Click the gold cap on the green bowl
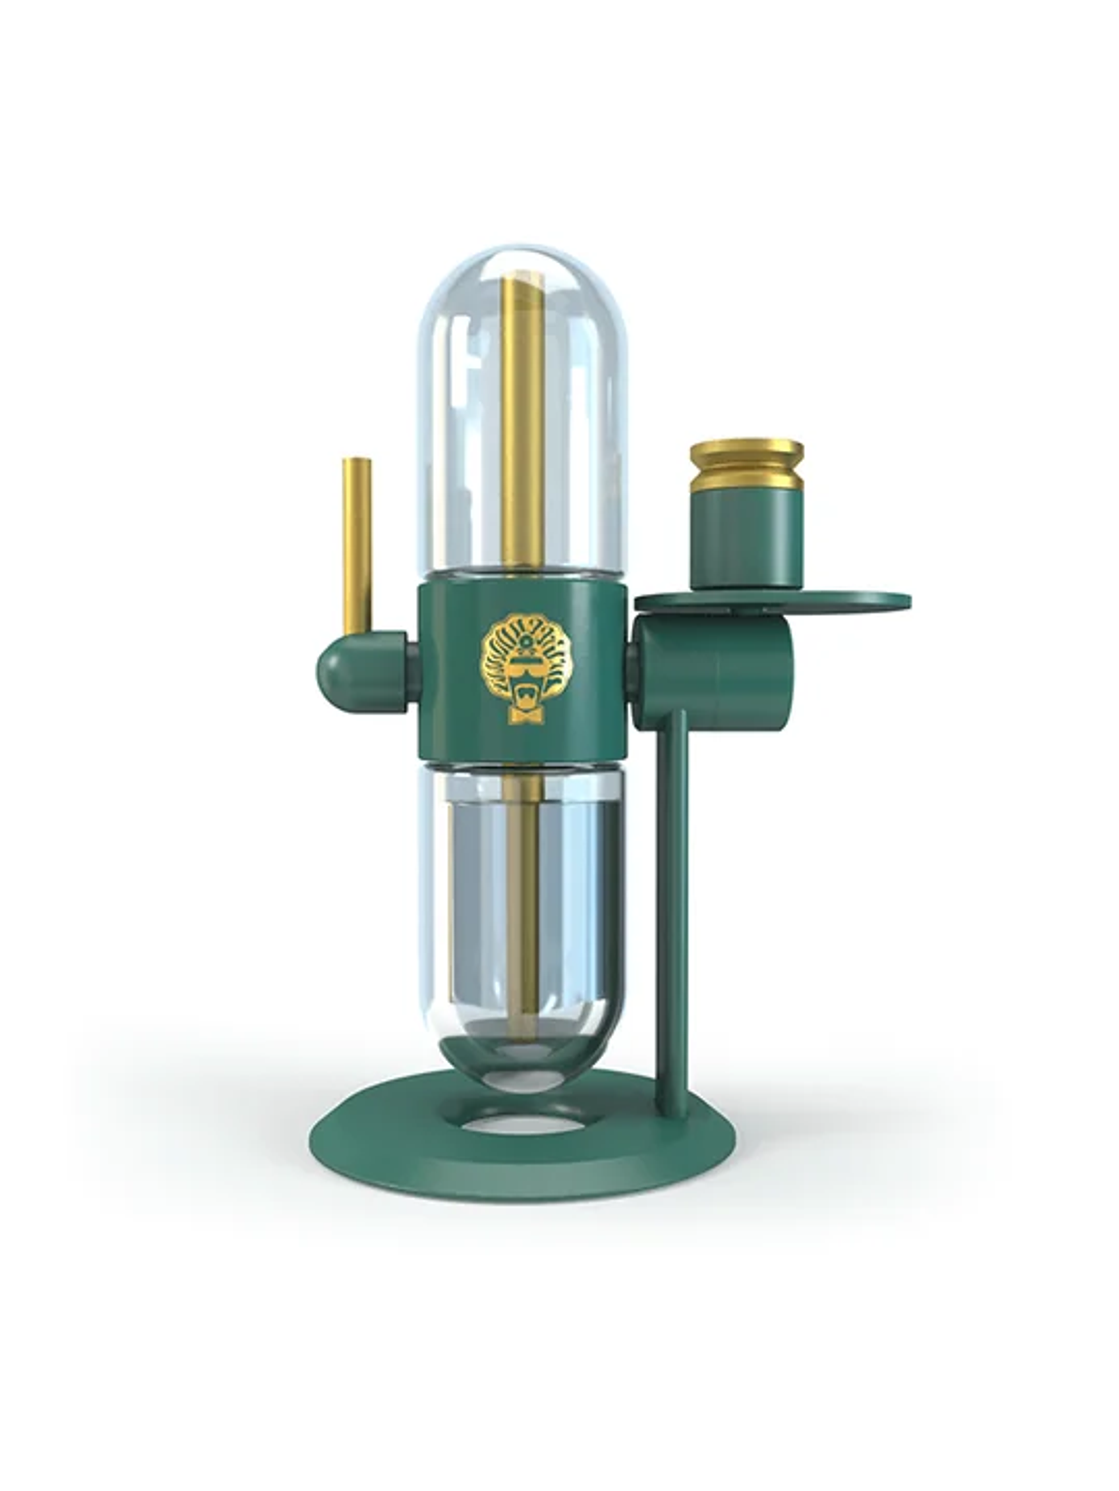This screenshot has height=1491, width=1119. pos(747,465)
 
